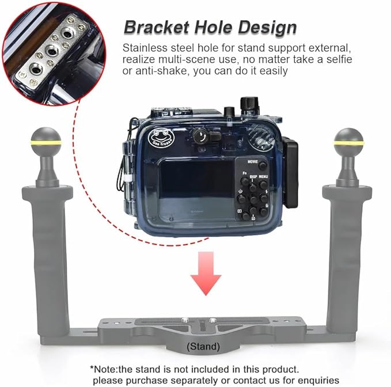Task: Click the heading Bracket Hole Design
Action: [210, 26]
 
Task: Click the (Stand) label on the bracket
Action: [203, 346]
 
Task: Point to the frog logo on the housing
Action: [161, 138]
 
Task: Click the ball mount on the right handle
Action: [349, 142]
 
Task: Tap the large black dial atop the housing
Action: [249, 104]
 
